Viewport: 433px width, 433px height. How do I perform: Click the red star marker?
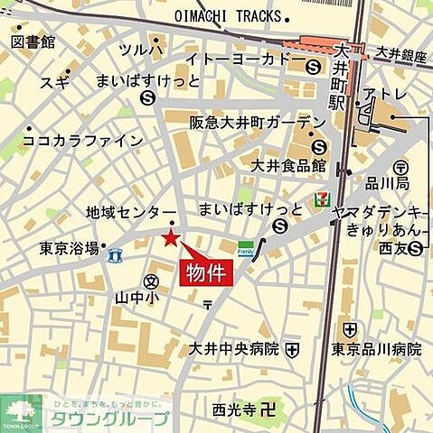pyautogui.click(x=169, y=237)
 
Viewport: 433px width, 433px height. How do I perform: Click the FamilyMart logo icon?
pyautogui.click(x=245, y=248)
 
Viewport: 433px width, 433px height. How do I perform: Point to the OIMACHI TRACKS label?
pyautogui.click(x=230, y=15)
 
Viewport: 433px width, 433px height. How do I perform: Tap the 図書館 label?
pyautogui.click(x=34, y=42)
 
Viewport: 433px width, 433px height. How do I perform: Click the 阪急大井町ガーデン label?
pyautogui.click(x=257, y=123)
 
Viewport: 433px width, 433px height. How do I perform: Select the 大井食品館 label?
pyautogui.click(x=287, y=165)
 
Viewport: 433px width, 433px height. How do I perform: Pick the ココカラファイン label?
pyautogui.click(x=82, y=141)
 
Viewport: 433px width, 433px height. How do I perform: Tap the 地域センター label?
pyautogui.click(x=131, y=212)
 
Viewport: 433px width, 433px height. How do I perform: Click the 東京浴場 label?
pyautogui.click(x=69, y=247)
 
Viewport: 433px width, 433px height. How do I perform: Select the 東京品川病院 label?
pyautogui.click(x=376, y=349)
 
